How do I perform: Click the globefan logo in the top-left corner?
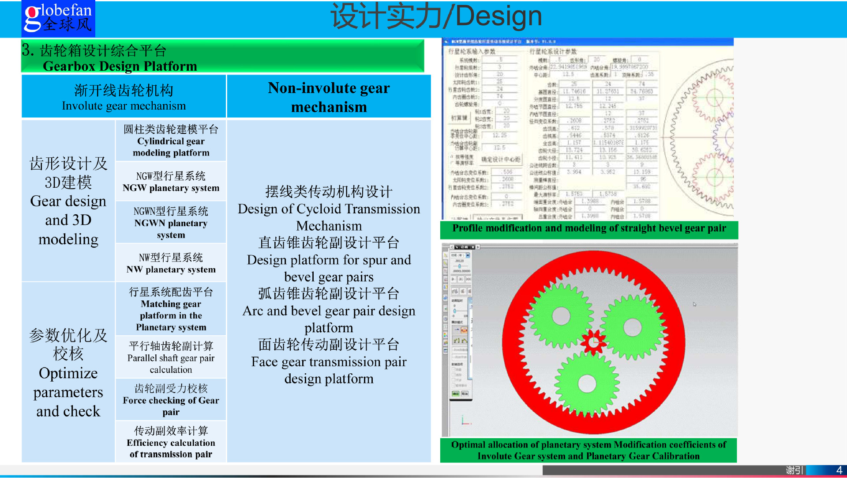tap(58, 19)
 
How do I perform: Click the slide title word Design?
tap(498, 17)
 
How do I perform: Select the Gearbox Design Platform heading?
tap(120, 66)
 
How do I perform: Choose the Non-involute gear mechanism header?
tap(329, 97)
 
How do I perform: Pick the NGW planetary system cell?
tap(171, 182)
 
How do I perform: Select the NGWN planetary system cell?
tap(171, 223)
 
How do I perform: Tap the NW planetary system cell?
tap(171, 264)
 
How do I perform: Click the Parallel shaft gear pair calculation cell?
tap(171, 358)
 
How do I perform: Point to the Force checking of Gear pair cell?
tap(171, 400)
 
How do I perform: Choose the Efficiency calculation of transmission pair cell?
tap(171, 443)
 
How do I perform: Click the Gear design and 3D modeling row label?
tap(68, 201)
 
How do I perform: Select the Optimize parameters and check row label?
tap(68, 373)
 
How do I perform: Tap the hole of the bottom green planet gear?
tap(587, 383)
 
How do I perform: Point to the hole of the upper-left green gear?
tap(561, 316)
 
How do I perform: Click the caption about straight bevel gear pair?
tap(589, 228)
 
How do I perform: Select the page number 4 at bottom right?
tap(839, 470)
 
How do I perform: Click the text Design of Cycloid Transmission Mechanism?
tap(329, 217)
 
